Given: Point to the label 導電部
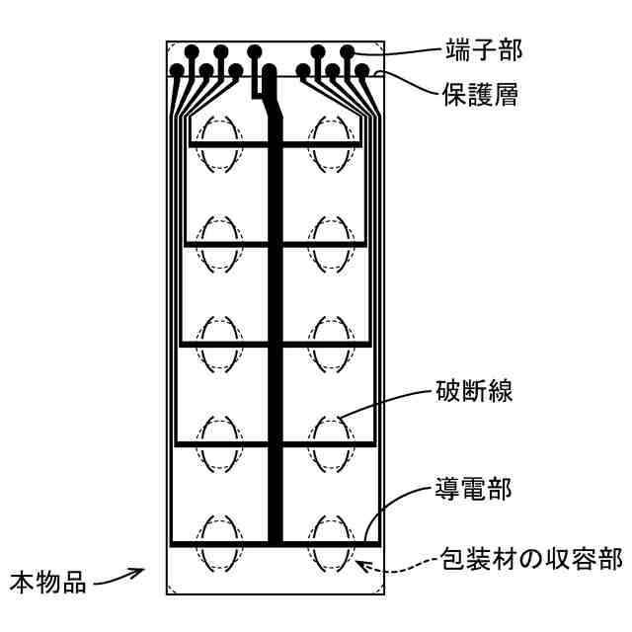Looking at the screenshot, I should [x=465, y=486].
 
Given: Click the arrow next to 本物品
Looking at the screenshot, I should [x=120, y=574].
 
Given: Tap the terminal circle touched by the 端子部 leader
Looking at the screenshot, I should [x=348, y=50].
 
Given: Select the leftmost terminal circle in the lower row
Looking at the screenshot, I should [x=177, y=71].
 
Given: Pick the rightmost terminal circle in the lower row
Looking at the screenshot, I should [x=362, y=71].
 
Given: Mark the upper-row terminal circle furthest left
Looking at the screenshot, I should [x=191, y=50].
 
